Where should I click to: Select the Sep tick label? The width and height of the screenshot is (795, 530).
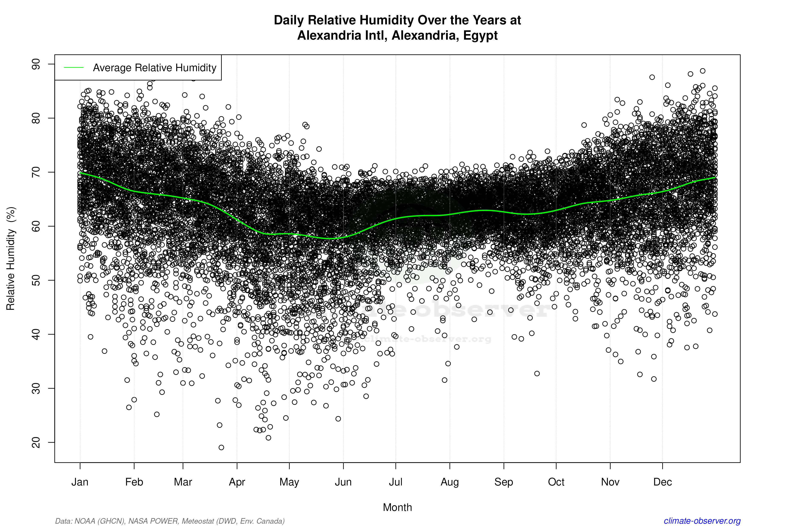click(x=504, y=482)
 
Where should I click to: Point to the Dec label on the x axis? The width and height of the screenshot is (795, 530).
click(x=662, y=482)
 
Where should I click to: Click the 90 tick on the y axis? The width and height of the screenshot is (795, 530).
click(x=36, y=64)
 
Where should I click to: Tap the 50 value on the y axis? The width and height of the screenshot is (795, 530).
click(x=36, y=280)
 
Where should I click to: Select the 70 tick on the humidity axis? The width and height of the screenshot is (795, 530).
click(x=36, y=172)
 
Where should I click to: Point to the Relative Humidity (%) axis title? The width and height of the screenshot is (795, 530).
click(x=11, y=259)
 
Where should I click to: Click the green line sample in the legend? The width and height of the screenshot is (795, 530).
click(x=74, y=68)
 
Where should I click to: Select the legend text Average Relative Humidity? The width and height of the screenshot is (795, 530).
click(x=155, y=68)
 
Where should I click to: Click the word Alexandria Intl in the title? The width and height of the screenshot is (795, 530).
click(x=342, y=35)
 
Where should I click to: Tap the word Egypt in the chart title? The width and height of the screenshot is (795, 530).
click(x=480, y=35)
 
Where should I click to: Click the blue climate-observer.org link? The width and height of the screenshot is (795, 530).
click(x=702, y=521)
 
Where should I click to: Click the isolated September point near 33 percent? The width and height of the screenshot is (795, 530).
click(x=537, y=374)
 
